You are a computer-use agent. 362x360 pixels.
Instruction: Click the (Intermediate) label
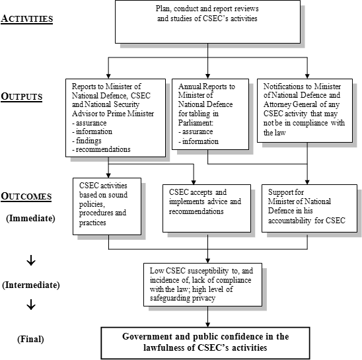[x=31, y=285]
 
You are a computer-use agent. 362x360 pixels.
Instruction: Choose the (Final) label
[x=30, y=339]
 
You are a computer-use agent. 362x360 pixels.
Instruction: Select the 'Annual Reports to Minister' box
[x=207, y=113]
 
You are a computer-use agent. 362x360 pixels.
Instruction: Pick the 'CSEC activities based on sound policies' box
[x=106, y=204]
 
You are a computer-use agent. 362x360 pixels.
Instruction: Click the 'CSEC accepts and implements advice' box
[x=207, y=205]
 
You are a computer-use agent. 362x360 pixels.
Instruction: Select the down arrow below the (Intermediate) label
[x=30, y=306]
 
